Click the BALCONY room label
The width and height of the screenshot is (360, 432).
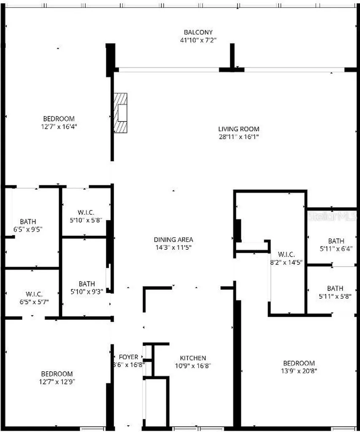pyautogui.click(x=198, y=32)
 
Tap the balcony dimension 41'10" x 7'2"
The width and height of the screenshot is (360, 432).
pyautogui.click(x=198, y=40)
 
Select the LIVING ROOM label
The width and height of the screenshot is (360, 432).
pyautogui.click(x=238, y=129)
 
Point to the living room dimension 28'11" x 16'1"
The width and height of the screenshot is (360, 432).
pyautogui.click(x=238, y=137)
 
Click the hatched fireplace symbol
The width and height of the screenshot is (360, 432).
pyautogui.click(x=121, y=113)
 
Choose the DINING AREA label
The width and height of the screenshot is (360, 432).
pyautogui.click(x=173, y=240)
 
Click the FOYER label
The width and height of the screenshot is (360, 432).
pyautogui.click(x=128, y=357)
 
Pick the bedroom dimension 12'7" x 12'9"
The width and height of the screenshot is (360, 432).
pyautogui.click(x=57, y=382)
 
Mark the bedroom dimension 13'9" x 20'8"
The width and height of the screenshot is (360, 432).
pyautogui.click(x=298, y=371)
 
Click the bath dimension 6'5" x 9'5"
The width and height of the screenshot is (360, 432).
pyautogui.click(x=28, y=229)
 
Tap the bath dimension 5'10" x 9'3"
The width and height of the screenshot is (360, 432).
pyautogui.click(x=87, y=292)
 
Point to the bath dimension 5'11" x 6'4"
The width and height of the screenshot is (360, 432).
pyautogui.click(x=336, y=249)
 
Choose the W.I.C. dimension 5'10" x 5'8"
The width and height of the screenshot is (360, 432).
pyautogui.click(x=85, y=220)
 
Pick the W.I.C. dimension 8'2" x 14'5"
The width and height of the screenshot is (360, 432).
pyautogui.click(x=286, y=262)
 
